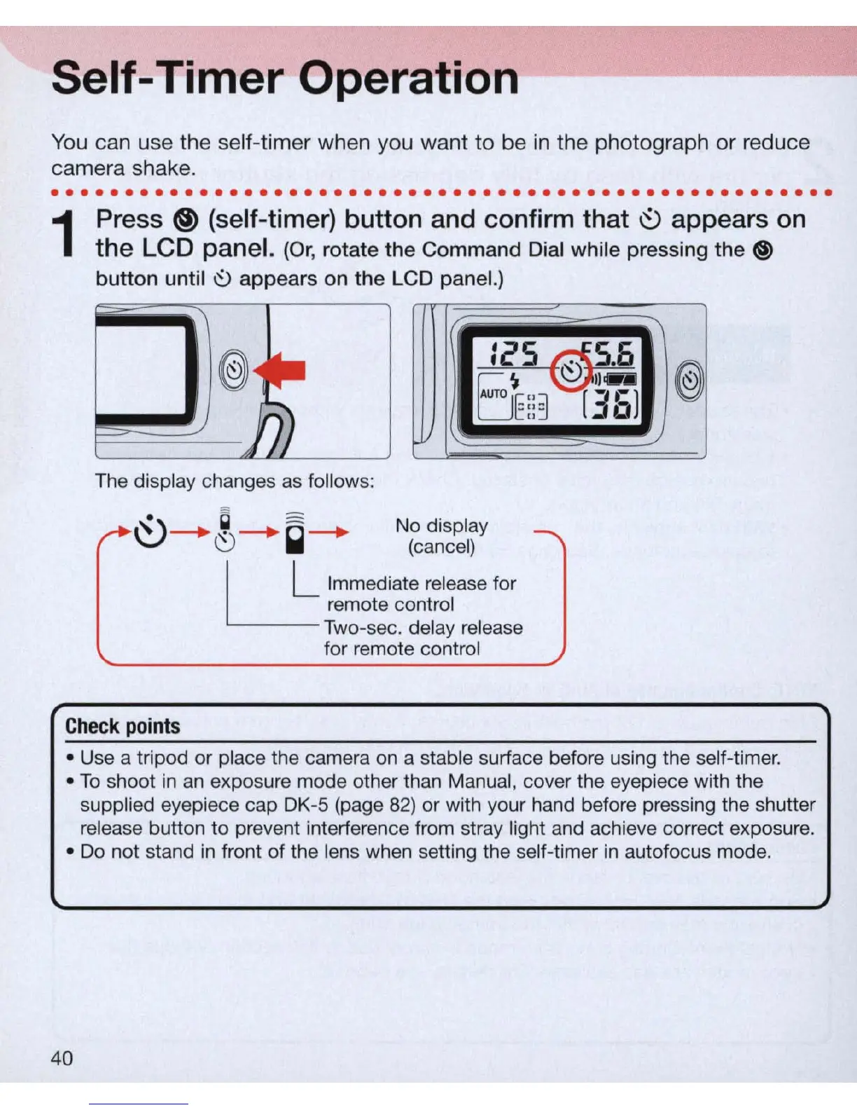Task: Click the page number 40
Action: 62,1057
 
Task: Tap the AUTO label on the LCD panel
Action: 494,394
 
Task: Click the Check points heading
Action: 123,726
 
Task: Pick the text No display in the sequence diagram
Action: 441,526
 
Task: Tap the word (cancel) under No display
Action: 441,547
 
